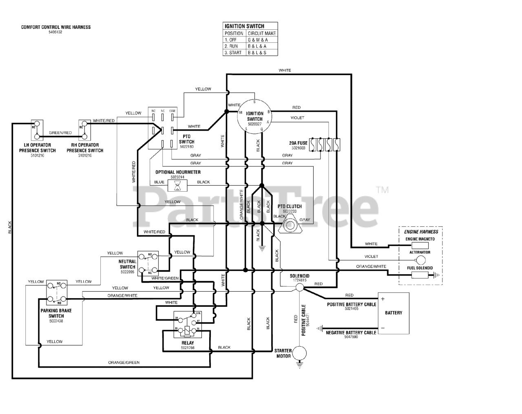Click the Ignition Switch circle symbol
254,116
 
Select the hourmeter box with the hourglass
177,186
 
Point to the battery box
393,312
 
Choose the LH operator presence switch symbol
37,130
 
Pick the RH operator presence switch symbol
84,130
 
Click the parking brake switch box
56,292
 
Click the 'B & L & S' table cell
262,53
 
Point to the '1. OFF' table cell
234,40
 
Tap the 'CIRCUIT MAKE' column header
262,33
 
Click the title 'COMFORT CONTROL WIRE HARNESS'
56,27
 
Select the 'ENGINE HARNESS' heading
421,232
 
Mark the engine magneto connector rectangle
420,245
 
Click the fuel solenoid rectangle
420,275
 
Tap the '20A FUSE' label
298,143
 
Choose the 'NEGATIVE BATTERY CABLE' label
351,333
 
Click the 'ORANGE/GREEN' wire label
124,363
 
